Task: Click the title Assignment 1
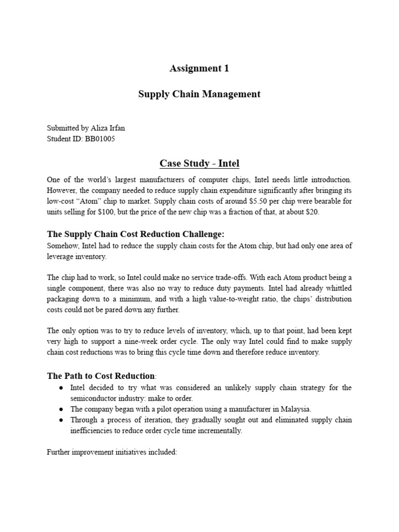(199, 68)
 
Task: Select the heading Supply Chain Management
(199, 94)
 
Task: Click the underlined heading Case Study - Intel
(199, 164)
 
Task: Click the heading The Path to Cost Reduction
(101, 376)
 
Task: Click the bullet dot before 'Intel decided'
(61, 388)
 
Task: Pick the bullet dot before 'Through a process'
(61, 420)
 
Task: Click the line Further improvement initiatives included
(112, 452)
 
